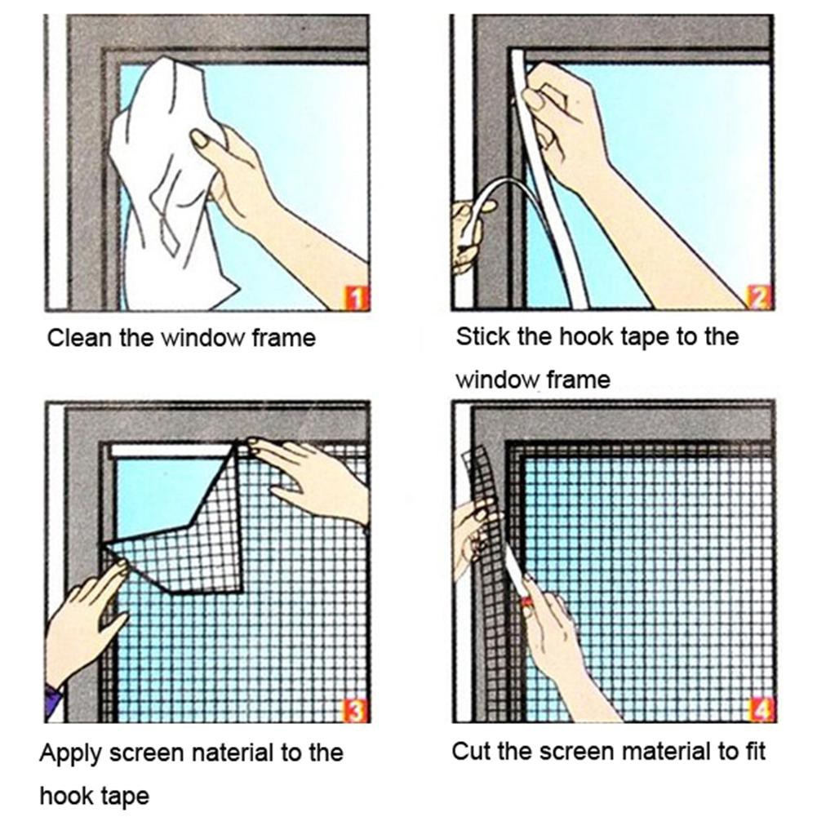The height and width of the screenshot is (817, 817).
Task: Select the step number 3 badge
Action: (x=356, y=710)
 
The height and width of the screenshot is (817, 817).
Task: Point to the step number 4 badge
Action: (x=761, y=710)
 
